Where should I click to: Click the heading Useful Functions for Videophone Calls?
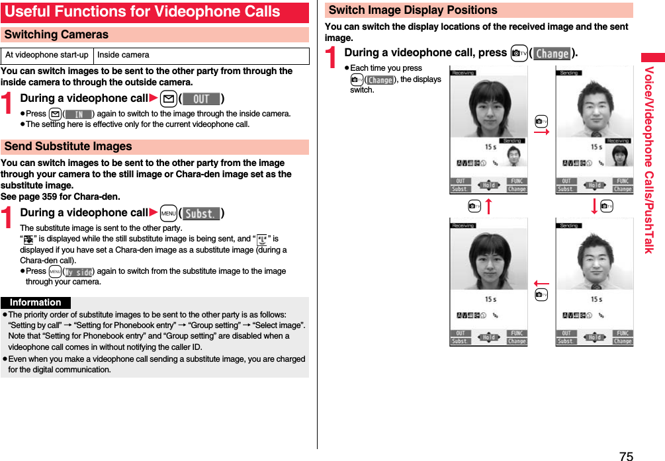tap(142, 12)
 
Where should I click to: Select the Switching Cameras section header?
tap(56, 34)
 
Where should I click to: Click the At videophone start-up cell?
tap(47, 55)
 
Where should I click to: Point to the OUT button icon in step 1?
tap(201, 99)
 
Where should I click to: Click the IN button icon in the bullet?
tap(78, 114)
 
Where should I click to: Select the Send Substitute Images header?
tap(68, 146)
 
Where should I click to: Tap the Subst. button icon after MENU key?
tap(201, 214)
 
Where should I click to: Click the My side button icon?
tap(78, 272)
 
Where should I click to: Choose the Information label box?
tap(36, 302)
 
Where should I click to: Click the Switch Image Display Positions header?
tap(413, 10)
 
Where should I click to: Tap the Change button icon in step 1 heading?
tap(552, 54)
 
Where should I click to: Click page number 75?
tap(626, 456)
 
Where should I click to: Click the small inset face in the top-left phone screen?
tap(513, 156)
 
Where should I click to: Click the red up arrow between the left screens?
tap(488, 206)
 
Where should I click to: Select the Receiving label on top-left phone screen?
tap(463, 73)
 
